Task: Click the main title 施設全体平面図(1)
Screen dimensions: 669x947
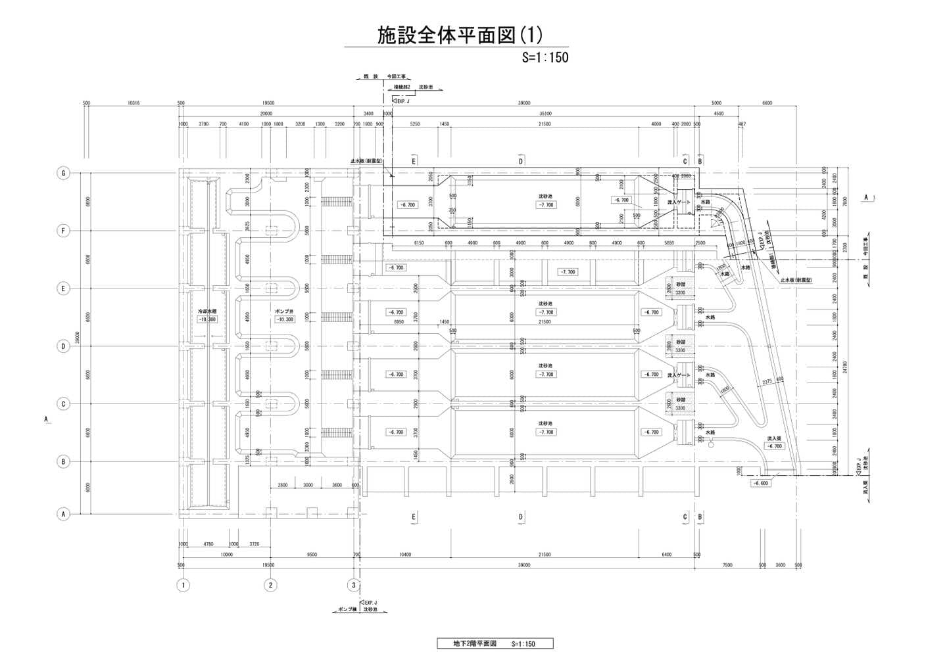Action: coord(459,35)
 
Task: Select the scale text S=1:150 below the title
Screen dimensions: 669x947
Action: coord(545,57)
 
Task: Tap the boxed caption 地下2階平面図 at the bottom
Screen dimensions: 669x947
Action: coord(495,643)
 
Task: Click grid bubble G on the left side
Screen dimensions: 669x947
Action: coord(63,173)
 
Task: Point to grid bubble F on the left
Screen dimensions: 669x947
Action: coord(63,231)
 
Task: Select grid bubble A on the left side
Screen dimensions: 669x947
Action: coord(63,515)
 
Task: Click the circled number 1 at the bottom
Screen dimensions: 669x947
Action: coord(183,585)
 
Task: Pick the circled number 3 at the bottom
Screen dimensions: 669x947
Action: coord(354,585)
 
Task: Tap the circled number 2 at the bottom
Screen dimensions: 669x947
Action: coord(270,585)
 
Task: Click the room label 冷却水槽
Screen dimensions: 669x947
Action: coord(207,311)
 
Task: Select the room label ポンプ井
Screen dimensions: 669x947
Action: coord(284,311)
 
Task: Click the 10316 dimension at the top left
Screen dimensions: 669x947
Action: coord(134,103)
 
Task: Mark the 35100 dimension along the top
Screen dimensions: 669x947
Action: coord(544,114)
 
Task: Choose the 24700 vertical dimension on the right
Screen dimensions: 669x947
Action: coord(845,367)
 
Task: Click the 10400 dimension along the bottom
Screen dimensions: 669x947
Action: coord(405,555)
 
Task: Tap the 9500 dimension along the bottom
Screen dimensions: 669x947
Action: coord(311,555)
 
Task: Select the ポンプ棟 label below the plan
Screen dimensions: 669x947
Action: coord(347,610)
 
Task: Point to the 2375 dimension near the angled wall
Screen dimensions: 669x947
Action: coord(766,381)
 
